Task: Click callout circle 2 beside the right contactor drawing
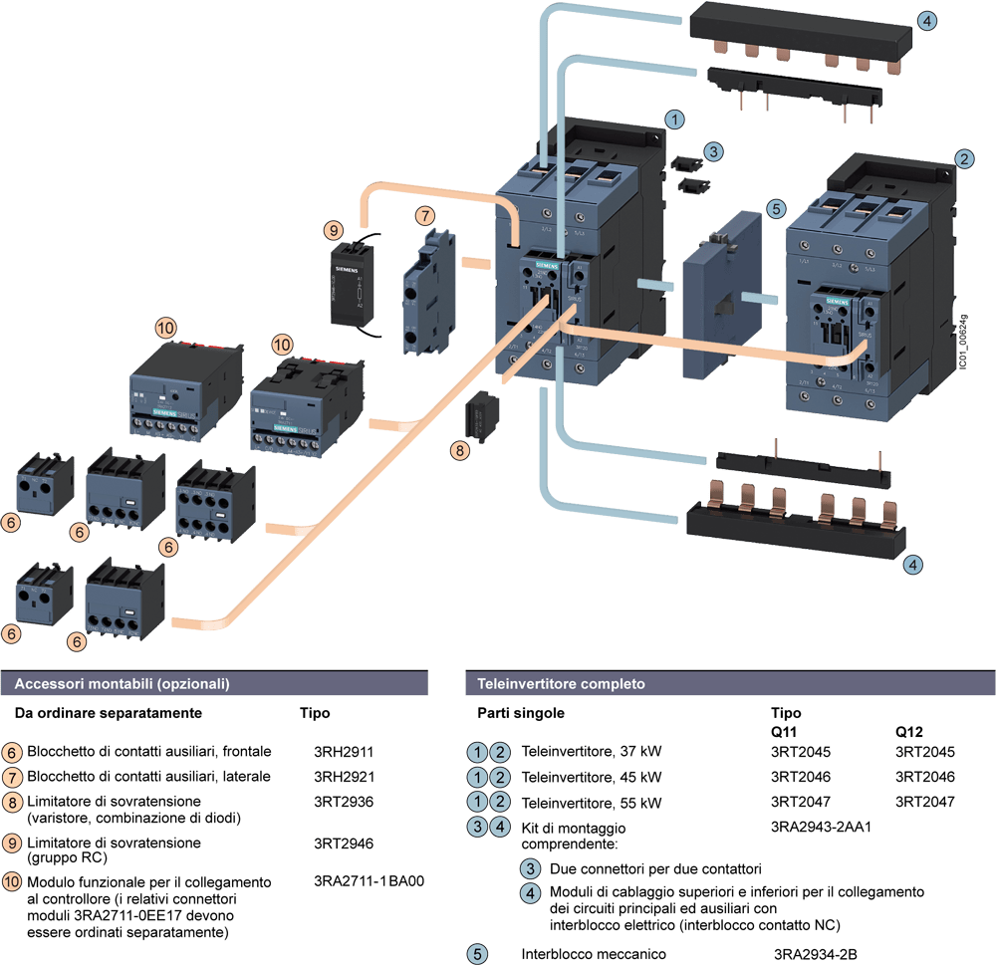click(x=963, y=157)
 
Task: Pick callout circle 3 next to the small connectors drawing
click(x=713, y=152)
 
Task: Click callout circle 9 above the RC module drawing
click(x=333, y=230)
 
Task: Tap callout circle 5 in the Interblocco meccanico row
click(x=478, y=954)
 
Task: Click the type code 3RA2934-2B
click(x=816, y=954)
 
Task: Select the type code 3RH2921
click(x=343, y=776)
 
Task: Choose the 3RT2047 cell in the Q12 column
click(x=924, y=802)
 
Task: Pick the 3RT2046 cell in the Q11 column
click(x=800, y=776)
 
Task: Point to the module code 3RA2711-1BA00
click(x=369, y=881)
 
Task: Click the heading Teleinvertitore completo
click(x=561, y=684)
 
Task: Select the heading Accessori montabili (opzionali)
click(x=122, y=684)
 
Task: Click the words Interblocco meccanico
click(x=594, y=954)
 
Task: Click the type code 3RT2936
click(x=343, y=801)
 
